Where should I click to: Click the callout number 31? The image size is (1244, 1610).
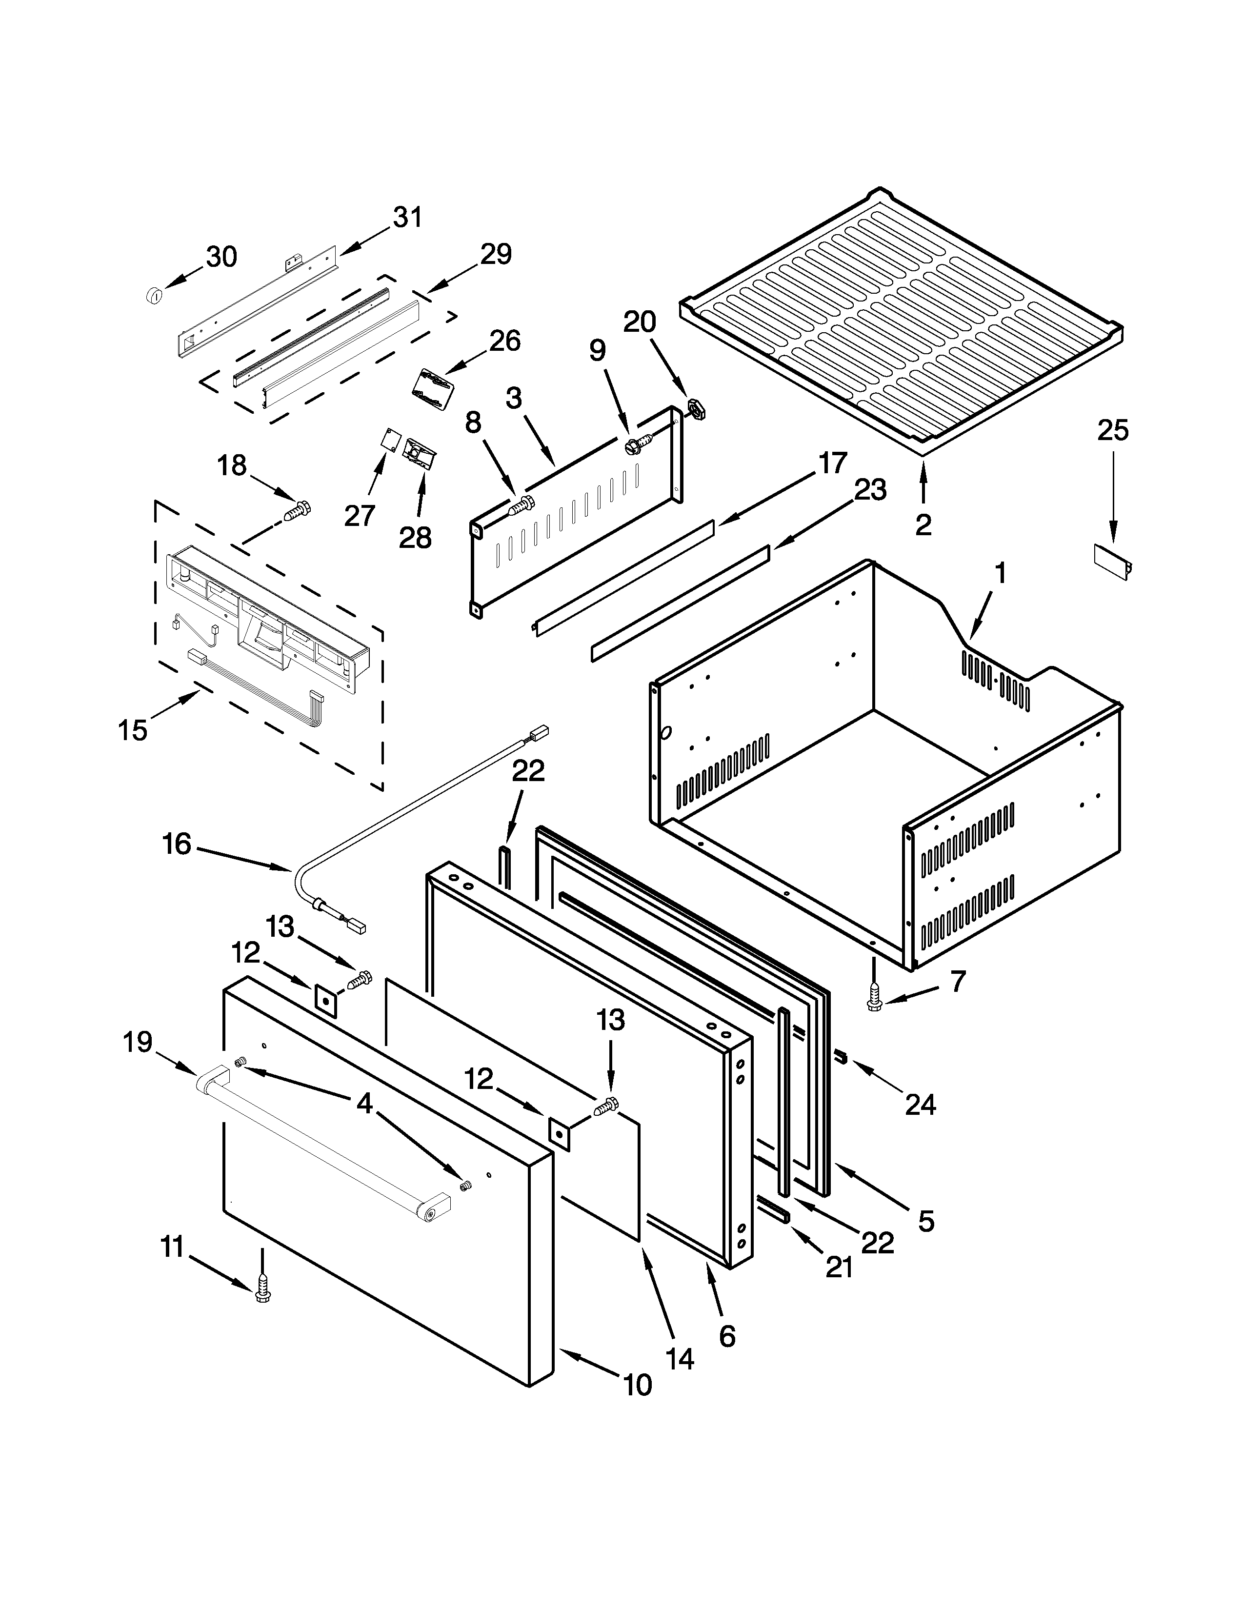(x=407, y=218)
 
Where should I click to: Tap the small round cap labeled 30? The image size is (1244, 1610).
(x=154, y=295)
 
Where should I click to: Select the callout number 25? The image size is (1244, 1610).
(x=1113, y=430)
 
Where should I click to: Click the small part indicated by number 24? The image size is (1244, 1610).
(x=842, y=1059)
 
